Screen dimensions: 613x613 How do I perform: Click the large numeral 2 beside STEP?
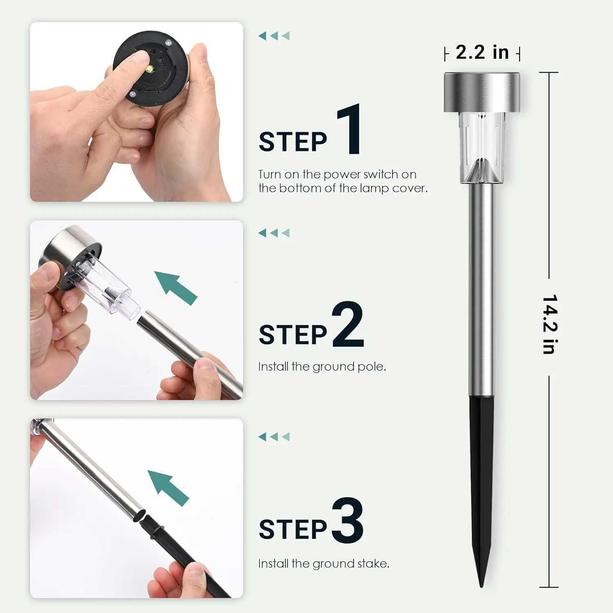348,325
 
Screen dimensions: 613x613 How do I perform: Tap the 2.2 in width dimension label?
482,52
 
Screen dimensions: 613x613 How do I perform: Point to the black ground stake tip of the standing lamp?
481,580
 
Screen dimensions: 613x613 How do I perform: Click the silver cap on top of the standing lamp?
481,92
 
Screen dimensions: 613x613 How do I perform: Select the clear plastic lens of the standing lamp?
481,147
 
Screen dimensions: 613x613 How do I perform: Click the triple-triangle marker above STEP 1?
274,36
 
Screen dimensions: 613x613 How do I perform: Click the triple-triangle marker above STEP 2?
274,233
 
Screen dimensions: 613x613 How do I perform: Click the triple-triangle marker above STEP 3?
274,436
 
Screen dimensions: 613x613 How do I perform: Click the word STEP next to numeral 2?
293,335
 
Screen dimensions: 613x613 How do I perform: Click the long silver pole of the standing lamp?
481,286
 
